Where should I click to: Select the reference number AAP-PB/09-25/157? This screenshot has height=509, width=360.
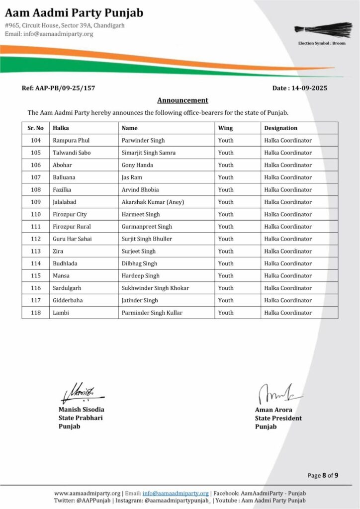58,88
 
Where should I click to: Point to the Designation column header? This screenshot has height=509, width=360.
280,128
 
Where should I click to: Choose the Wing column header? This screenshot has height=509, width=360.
225,128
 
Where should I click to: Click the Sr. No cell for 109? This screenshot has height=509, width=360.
35,202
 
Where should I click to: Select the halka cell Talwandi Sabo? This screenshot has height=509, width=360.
72,153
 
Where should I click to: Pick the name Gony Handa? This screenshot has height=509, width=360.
137,165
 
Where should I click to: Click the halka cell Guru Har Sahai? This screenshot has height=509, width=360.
72,239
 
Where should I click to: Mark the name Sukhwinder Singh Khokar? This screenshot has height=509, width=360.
155,288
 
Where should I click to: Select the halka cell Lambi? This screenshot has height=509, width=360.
61,313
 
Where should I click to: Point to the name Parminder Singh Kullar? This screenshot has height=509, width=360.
152,313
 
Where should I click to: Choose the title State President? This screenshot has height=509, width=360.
278,418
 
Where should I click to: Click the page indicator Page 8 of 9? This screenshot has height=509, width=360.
323,476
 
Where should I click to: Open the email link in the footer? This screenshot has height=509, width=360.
175,493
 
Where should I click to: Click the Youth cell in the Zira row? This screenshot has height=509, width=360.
226,252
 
